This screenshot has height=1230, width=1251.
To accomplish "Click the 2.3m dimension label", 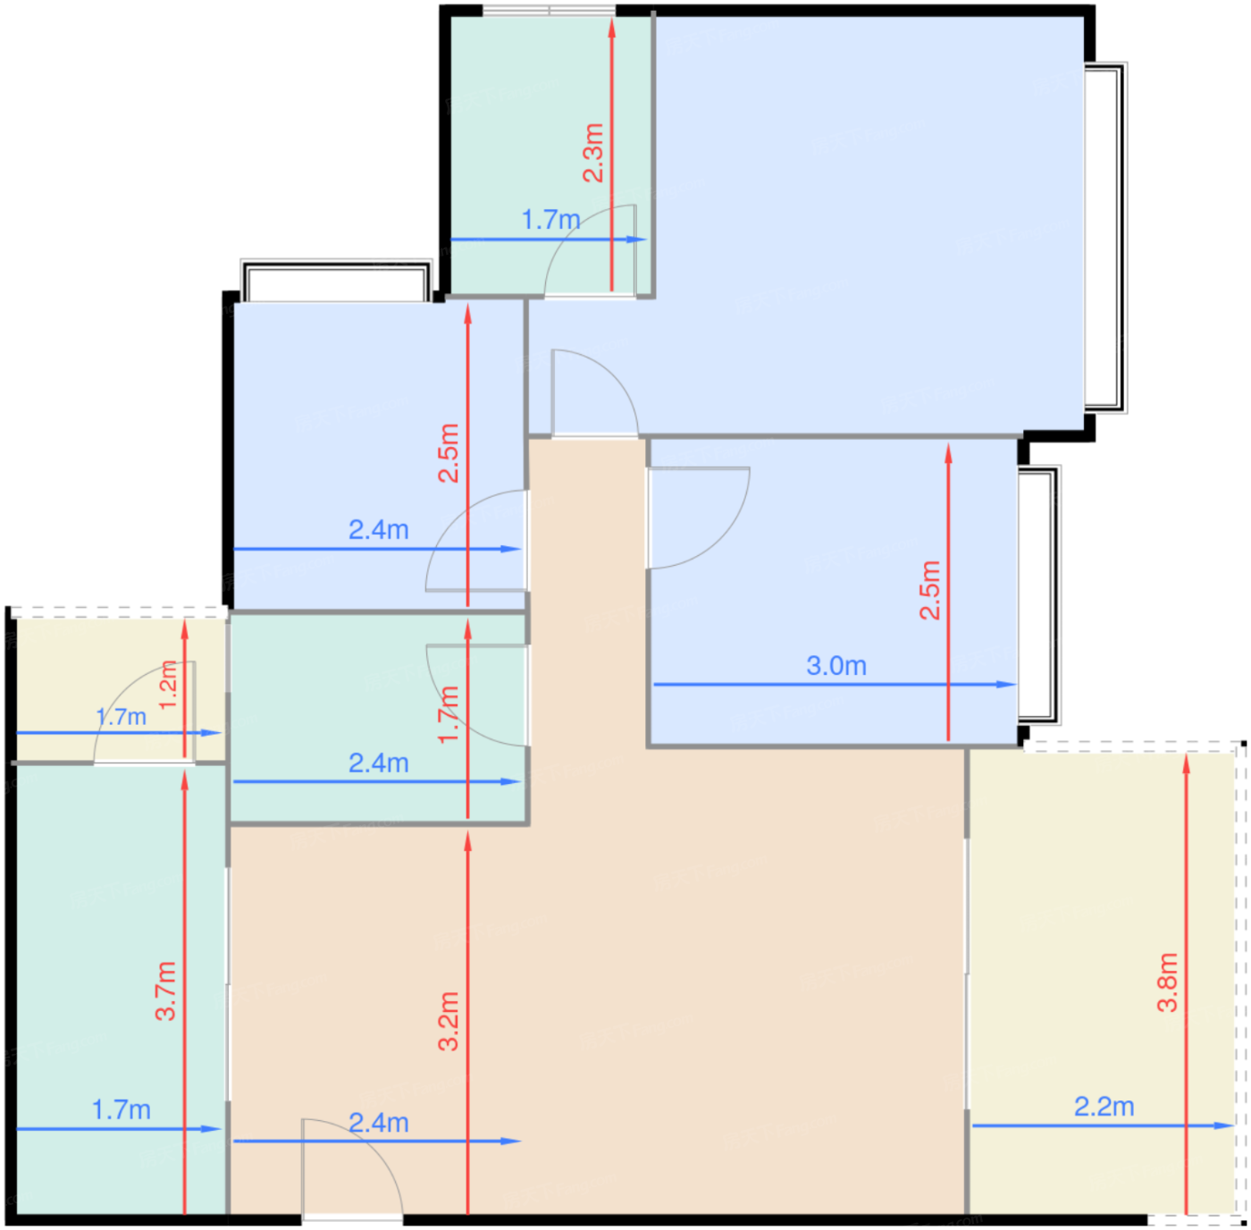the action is click(x=593, y=153).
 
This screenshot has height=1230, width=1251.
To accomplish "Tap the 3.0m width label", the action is click(x=836, y=666).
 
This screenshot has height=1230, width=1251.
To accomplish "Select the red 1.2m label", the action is click(x=167, y=686).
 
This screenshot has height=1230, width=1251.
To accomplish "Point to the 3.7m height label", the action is click(x=165, y=991).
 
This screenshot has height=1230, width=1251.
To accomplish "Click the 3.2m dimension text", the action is click(x=449, y=1023).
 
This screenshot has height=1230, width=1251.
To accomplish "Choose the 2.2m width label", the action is click(x=1104, y=1107).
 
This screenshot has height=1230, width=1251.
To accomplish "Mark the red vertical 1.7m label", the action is click(x=449, y=715).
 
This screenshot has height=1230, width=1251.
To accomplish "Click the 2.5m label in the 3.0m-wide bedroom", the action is click(x=929, y=590).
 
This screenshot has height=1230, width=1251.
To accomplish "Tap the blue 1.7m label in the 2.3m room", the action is click(x=550, y=220).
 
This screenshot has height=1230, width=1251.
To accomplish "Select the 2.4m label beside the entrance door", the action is click(x=379, y=1123).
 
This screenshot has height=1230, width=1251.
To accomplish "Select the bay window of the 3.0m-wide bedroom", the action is click(x=1038, y=594).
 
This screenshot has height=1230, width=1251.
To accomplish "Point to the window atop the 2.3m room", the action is click(x=549, y=11).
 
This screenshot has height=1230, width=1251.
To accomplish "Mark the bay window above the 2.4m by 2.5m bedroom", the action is click(x=336, y=281).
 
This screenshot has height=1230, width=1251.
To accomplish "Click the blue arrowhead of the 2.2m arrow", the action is click(x=1223, y=1125).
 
